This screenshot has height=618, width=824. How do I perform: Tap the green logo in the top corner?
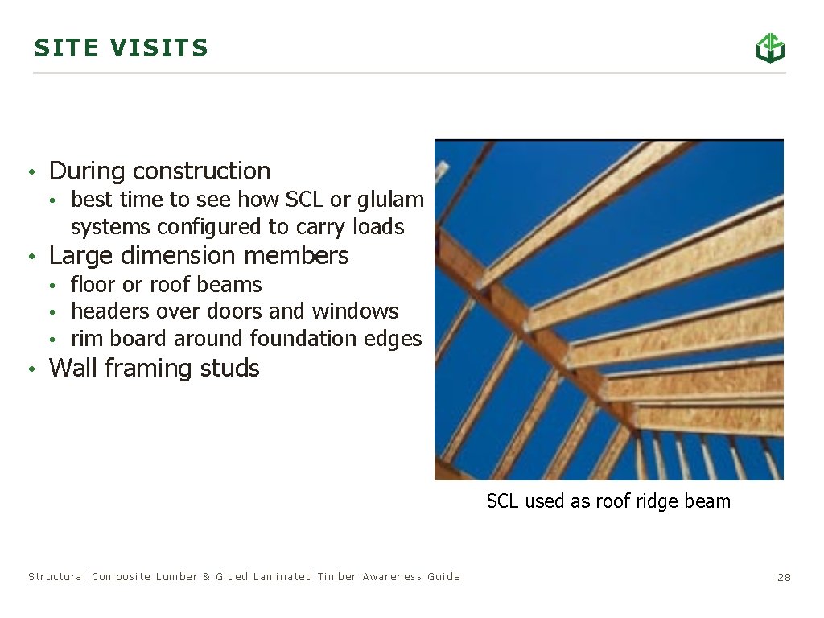(x=770, y=47)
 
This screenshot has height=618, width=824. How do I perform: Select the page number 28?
(x=784, y=578)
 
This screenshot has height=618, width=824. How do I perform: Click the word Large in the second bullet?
(x=78, y=256)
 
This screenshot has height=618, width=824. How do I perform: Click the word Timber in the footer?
(x=336, y=577)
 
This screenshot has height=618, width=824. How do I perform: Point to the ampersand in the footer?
(x=206, y=577)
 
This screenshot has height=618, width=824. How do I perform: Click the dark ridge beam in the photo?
(x=531, y=322)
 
